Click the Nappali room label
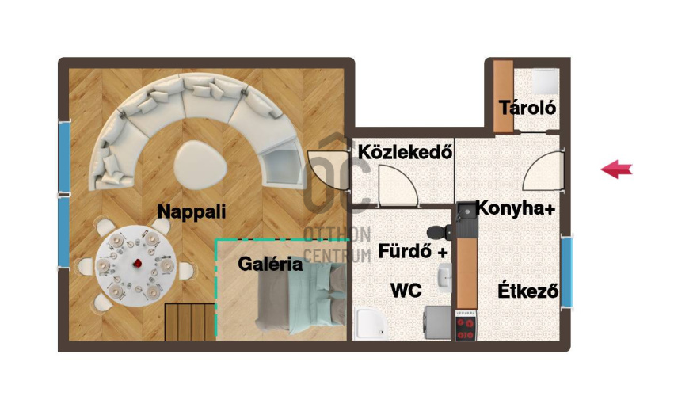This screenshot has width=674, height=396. pos(192,211)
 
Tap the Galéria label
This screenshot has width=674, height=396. pos(270,264)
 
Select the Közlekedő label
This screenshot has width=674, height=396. pos(405,152)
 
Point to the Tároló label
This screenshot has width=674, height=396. pos(527,107)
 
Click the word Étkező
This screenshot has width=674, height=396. pos(527,291)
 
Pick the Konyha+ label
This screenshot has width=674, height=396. pos(516,208)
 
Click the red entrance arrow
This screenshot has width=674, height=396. pos(616,169)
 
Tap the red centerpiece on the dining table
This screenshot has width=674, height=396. pos(138,263)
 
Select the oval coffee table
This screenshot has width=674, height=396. pos(200,164)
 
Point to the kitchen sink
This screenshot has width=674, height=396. pos(466,214)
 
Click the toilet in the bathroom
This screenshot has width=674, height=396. pos(440,232)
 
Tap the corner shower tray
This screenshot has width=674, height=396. pos(371,323)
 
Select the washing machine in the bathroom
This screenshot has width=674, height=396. pos(437,322)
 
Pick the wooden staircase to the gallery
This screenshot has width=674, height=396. pos(190,322)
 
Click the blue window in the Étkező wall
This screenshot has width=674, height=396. pos(567,271)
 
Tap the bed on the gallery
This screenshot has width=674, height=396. pos(302,299)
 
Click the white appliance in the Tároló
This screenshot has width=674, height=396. pos(545,82)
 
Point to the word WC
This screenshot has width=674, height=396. pos(406,291)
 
